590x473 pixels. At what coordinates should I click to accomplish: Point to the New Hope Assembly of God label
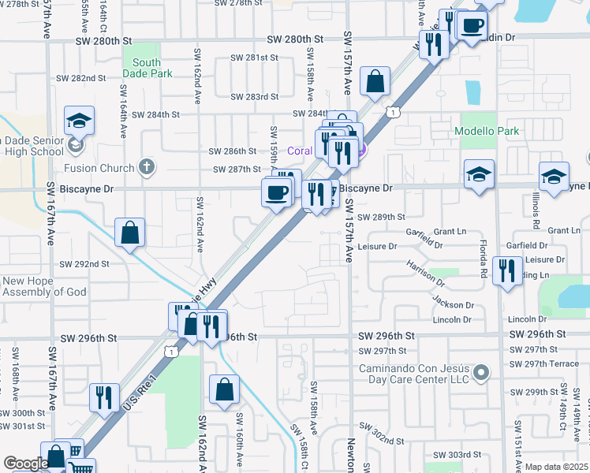44,286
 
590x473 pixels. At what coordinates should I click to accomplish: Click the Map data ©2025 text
556,467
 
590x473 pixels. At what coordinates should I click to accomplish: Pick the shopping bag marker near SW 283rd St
375,81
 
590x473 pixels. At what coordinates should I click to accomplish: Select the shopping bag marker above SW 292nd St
130,233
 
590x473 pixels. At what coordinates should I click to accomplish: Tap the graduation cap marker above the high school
79,121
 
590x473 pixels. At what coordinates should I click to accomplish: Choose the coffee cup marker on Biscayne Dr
277,192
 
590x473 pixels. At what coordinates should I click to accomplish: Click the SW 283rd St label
255,97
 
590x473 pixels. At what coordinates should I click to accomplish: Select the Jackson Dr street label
453,305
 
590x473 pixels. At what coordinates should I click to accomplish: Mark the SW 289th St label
381,217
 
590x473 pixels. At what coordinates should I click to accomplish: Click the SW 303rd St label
457,455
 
